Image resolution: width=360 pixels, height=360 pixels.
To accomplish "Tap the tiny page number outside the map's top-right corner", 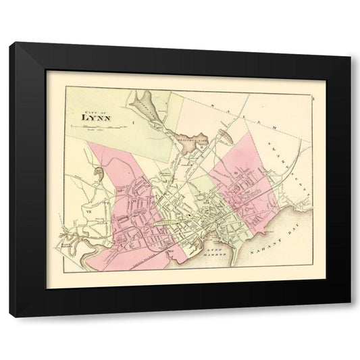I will pyautogui.click(x=324, y=83).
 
